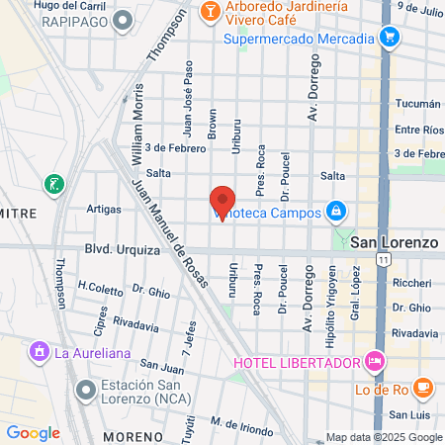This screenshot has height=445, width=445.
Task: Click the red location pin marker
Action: (222, 200)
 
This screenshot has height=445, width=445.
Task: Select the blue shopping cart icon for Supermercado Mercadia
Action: (390, 39)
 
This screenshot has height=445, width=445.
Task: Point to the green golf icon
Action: (53, 183)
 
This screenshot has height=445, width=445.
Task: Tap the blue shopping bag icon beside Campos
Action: (336, 211)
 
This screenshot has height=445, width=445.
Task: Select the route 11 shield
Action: (382, 259)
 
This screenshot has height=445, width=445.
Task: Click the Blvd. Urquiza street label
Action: (123, 250)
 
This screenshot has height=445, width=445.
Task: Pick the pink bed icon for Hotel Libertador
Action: (375, 361)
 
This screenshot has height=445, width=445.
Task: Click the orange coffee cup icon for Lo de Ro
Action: (422, 388)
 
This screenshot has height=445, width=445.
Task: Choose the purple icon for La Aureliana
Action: (39, 351)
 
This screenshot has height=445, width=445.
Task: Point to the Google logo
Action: (33, 432)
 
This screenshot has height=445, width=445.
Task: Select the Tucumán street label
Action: (416, 104)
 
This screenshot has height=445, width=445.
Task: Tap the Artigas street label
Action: (103, 209)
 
